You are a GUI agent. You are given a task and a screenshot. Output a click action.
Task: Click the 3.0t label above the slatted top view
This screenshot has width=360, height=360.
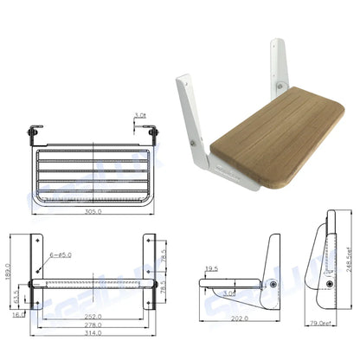141,113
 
